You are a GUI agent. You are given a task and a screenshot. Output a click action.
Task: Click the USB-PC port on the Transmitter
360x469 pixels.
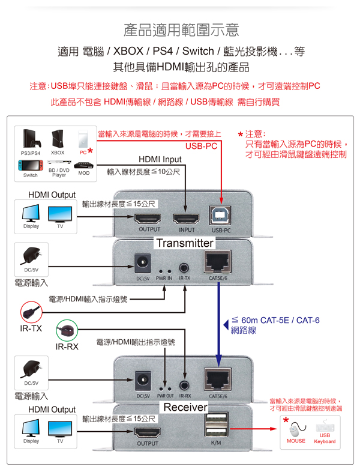221,217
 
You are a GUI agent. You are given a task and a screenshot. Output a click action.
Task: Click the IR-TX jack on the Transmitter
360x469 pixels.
184,264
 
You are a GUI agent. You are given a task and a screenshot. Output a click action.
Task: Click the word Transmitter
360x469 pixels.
185,243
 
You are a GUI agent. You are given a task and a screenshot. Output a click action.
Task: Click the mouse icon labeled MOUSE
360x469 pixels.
295,431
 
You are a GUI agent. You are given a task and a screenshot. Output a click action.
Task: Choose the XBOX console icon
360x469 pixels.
58,140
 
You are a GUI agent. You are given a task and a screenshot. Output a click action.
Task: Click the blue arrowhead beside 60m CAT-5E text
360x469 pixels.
226,325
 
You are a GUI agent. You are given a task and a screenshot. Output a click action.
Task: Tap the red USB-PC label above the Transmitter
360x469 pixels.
201,146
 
